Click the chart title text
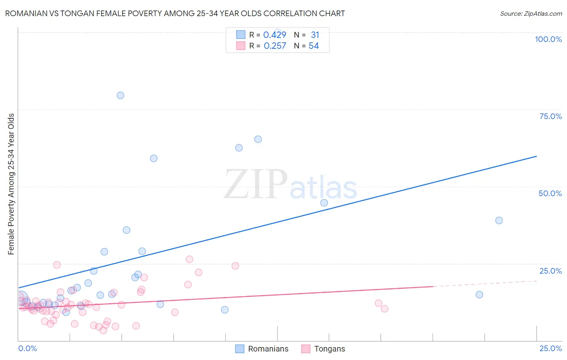(175, 13)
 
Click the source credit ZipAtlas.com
(531, 13)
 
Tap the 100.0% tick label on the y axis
(548, 39)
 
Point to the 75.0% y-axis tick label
(550, 116)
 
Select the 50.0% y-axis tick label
(550, 193)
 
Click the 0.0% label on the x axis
(27, 348)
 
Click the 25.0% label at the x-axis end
(550, 348)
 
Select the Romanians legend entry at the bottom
(262, 349)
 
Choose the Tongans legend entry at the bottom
(323, 349)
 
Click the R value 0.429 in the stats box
(275, 35)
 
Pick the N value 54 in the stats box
(314, 46)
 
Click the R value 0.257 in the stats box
(275, 46)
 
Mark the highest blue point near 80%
(120, 95)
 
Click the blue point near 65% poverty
(258, 139)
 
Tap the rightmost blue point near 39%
(499, 220)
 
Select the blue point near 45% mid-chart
(324, 203)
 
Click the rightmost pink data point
(384, 309)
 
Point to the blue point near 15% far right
(479, 295)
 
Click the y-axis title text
(11, 184)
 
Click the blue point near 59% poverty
(154, 158)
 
